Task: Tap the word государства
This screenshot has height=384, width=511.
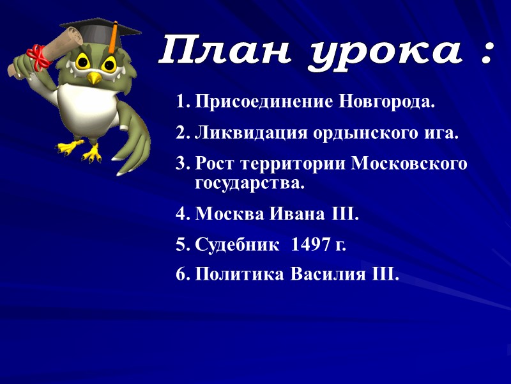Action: point(250,184)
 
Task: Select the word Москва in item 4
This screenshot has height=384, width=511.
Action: point(227,213)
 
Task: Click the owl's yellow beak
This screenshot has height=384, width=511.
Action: point(95,77)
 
